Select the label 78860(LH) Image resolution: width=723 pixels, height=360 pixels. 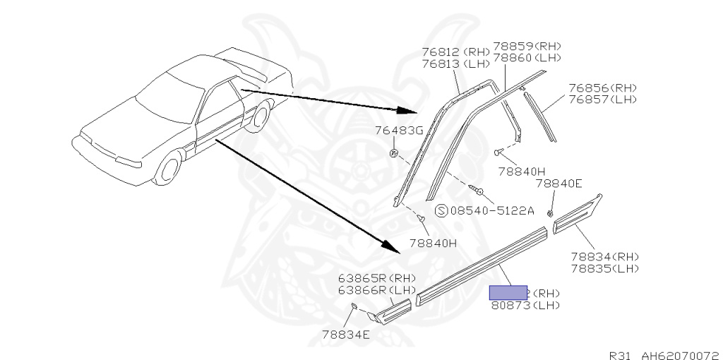tap(527, 57)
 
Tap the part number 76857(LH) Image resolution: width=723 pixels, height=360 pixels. tap(603, 99)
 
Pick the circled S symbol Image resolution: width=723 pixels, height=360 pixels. tap(441, 210)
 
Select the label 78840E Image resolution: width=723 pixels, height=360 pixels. tap(558, 184)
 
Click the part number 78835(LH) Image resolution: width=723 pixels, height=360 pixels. tap(604, 268)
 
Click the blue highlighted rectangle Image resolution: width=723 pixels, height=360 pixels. tap(508, 292)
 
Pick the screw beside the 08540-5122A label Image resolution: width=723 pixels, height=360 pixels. tap(476, 189)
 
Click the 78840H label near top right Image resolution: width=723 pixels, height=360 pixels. tap(521, 171)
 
